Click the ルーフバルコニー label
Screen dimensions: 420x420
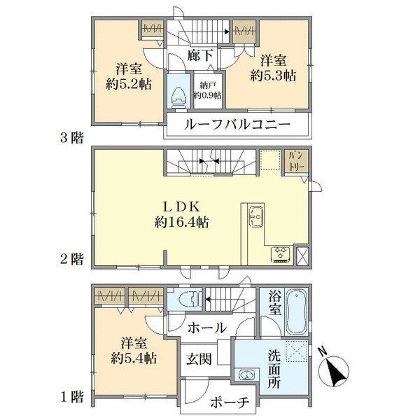click(237, 125)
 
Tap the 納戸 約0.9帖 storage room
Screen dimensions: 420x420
click(208, 90)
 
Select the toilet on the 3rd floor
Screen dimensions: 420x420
click(179, 98)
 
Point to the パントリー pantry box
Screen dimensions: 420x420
click(297, 162)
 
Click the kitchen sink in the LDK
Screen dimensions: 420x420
click(256, 216)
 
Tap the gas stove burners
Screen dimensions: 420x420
click(281, 253)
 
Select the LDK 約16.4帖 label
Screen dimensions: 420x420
click(182, 215)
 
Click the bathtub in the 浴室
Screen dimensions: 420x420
click(297, 311)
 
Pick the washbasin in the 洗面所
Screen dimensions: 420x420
click(246, 375)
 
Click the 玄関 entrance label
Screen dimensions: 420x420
click(199, 359)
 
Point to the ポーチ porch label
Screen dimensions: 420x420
click(230, 402)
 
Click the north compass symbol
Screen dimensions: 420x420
click(334, 369)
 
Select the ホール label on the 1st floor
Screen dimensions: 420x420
click(207, 328)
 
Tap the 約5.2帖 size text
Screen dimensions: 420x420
click(129, 85)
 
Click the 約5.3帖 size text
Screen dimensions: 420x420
click(274, 76)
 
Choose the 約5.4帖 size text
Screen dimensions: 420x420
click(134, 358)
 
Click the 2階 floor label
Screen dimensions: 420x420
click(71, 259)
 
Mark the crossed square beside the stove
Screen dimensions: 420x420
click(302, 255)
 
